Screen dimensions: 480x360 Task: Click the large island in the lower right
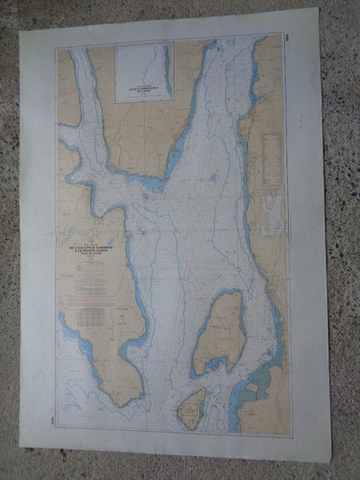[x=219, y=331]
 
